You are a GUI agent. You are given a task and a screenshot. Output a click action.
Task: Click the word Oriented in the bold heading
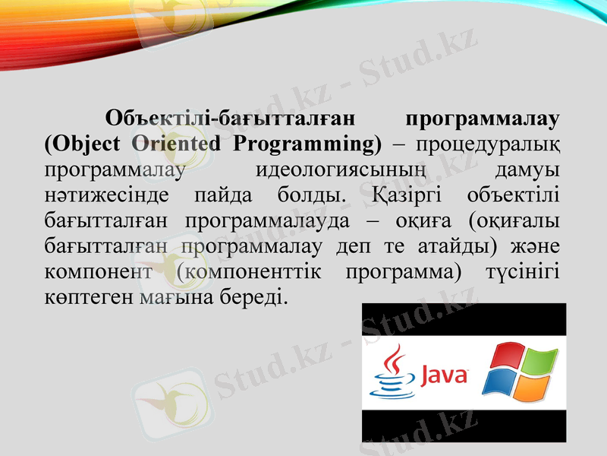(176, 143)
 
